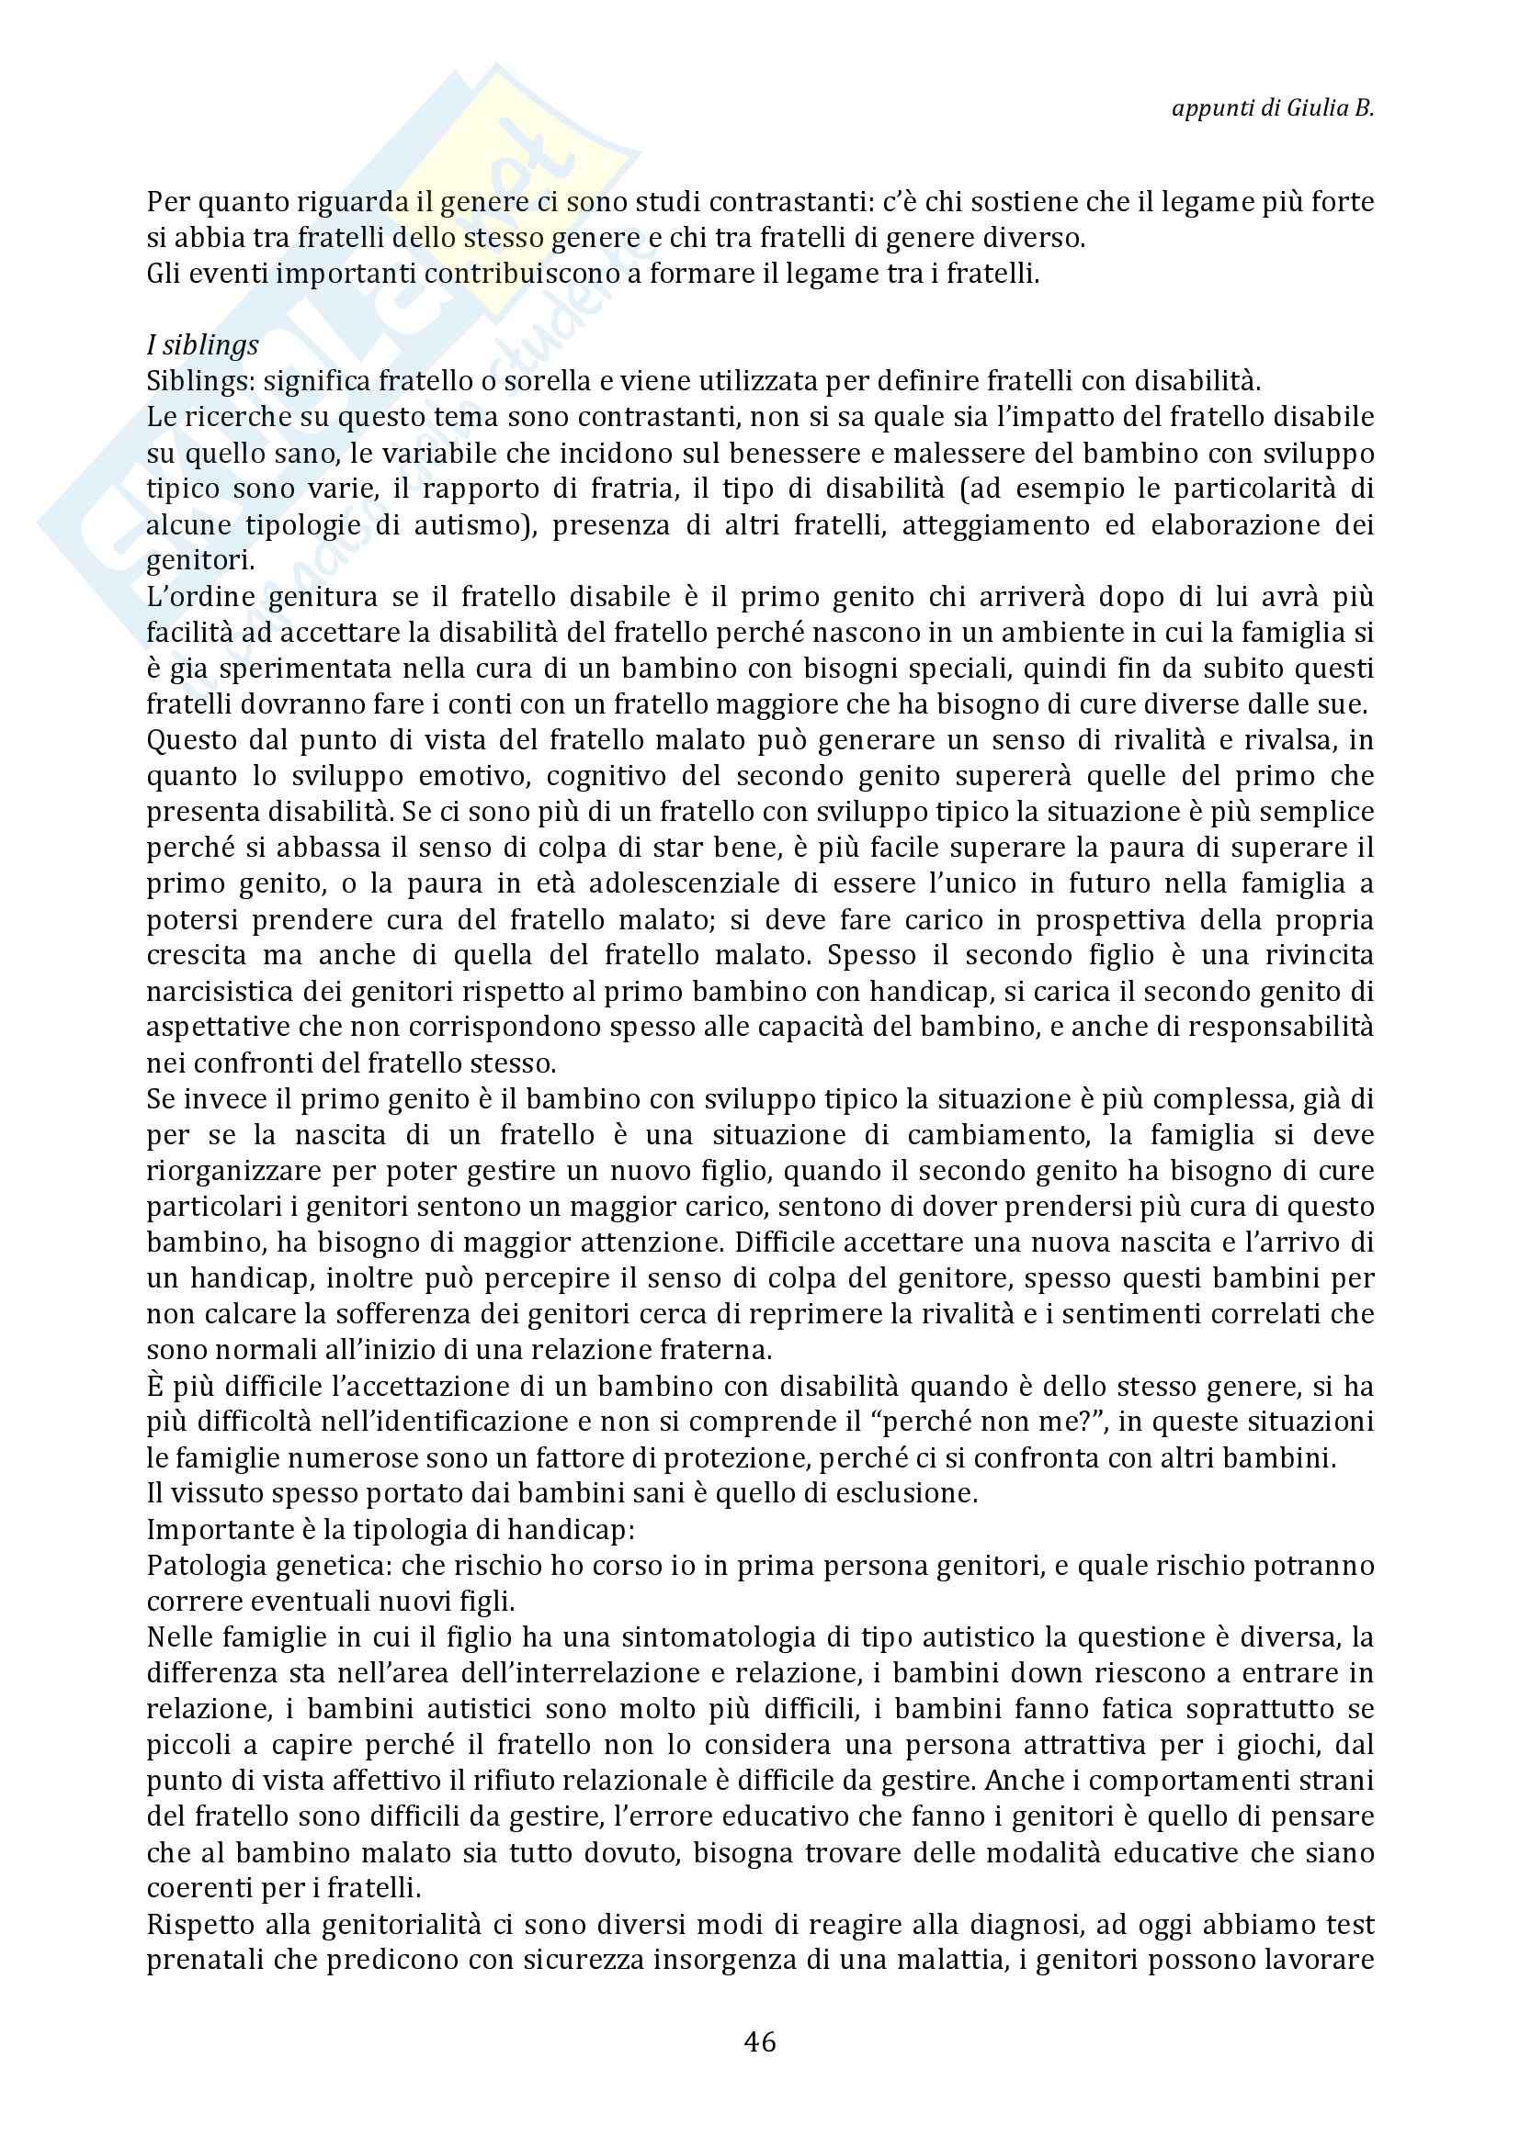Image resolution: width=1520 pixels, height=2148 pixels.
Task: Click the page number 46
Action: pyautogui.click(x=759, y=2041)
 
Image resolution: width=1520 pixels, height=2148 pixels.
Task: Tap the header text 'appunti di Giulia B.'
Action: pyautogui.click(x=1272, y=107)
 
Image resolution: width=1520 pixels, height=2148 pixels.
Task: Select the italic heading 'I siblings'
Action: pyautogui.click(x=202, y=345)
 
